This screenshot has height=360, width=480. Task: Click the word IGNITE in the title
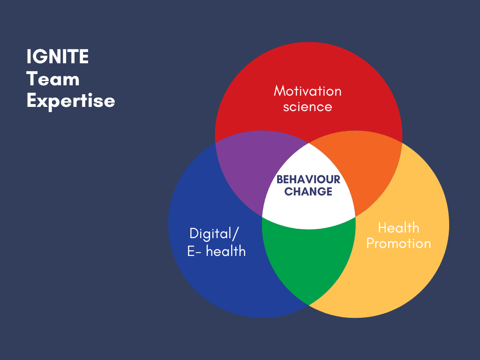point(58,57)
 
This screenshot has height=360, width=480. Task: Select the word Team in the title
point(53,79)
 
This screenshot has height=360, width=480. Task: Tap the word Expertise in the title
point(71,101)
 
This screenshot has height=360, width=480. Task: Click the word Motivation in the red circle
point(307,91)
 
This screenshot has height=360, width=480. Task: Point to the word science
point(307,107)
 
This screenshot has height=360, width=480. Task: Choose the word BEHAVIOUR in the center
point(308,180)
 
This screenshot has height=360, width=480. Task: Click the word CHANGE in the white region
point(308,192)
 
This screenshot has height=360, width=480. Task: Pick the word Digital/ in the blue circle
point(214,234)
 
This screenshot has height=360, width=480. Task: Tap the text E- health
point(217,251)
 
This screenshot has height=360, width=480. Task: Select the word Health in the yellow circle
point(398,228)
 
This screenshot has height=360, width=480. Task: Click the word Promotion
point(398,244)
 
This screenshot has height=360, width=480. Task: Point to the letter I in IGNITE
point(29,57)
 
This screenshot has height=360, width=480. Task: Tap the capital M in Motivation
point(280,91)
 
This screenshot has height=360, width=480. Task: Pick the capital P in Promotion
point(370,244)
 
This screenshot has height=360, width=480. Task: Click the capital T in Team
point(32,79)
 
